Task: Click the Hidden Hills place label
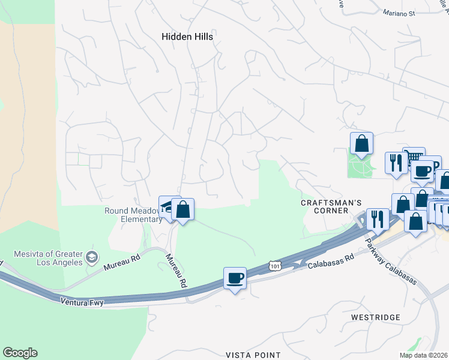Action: (x=187, y=37)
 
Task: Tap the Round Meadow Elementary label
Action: (x=133, y=215)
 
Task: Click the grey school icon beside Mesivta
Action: (x=91, y=257)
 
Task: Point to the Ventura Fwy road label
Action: (x=82, y=303)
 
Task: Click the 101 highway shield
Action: (x=274, y=265)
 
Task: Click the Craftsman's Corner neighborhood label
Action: (x=325, y=206)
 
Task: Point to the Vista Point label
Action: (x=253, y=355)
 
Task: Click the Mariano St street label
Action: (x=399, y=11)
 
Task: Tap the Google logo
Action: (x=20, y=353)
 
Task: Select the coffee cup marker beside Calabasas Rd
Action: (x=235, y=278)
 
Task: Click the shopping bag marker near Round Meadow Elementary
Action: (x=182, y=209)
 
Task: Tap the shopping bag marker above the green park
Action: (x=361, y=144)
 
